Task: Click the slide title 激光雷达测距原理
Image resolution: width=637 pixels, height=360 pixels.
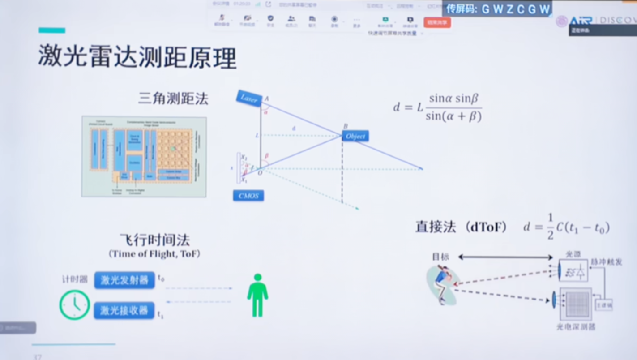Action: [137, 56]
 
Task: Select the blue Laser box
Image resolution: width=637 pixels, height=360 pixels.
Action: [249, 99]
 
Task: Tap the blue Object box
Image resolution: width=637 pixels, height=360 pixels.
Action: [355, 136]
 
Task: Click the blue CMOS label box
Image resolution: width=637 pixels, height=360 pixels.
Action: [248, 196]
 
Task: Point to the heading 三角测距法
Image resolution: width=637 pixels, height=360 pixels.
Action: [173, 99]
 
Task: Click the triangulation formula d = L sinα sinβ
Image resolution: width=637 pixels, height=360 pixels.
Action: [437, 107]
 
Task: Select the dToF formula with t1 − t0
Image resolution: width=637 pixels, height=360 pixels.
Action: [566, 228]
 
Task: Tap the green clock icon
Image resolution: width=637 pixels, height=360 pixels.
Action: [75, 305]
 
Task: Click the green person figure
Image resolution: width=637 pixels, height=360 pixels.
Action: [257, 296]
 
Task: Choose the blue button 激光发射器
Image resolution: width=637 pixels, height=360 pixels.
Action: [124, 280]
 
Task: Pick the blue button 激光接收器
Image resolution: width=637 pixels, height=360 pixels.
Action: [124, 310]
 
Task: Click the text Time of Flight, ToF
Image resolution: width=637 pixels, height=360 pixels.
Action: [154, 254]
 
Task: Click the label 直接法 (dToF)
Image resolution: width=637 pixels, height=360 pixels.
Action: [461, 227]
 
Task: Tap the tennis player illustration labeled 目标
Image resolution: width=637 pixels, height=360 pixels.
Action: [442, 285]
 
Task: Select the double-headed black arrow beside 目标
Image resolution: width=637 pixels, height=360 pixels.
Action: [505, 257]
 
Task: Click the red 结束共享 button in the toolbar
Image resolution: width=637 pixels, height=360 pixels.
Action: [437, 22]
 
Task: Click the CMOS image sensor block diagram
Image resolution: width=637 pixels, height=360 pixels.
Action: [144, 157]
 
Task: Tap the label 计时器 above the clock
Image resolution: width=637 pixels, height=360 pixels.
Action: [75, 279]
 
